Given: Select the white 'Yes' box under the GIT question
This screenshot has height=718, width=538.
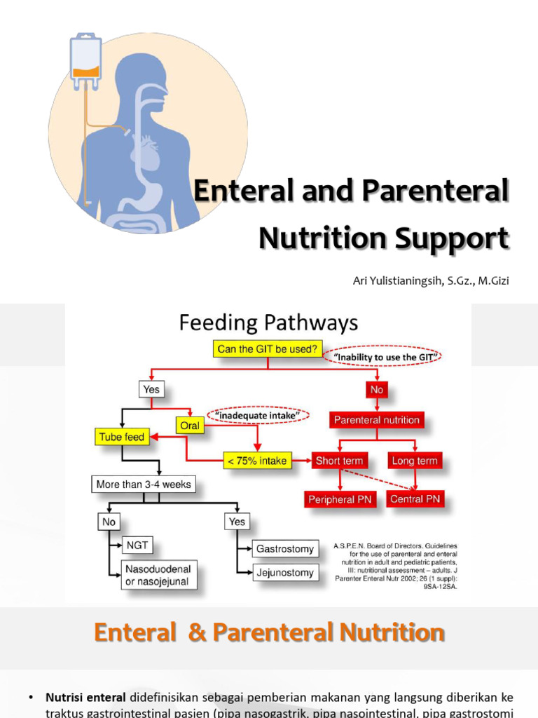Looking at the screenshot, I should pyautogui.click(x=151, y=390).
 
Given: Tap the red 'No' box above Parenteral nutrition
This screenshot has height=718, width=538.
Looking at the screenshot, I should pyautogui.click(x=377, y=389).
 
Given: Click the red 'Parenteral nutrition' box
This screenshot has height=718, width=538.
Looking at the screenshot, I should pyautogui.click(x=377, y=420).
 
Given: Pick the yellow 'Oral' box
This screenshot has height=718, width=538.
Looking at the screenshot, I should pyautogui.click(x=189, y=425).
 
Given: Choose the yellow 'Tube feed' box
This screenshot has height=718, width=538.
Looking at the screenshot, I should pyautogui.click(x=121, y=437).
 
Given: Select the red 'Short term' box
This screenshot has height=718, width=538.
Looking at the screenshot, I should pyautogui.click(x=339, y=461).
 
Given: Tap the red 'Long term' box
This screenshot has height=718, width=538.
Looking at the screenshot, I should pyautogui.click(x=414, y=461).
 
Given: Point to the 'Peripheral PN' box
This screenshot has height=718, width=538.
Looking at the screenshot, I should pyautogui.click(x=340, y=499).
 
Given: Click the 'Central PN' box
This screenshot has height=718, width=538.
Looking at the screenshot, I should pyautogui.click(x=415, y=499).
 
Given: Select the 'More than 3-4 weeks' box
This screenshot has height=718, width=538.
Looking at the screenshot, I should pyautogui.click(x=144, y=484).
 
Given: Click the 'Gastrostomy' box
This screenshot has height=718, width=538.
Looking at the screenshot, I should pyautogui.click(x=284, y=549).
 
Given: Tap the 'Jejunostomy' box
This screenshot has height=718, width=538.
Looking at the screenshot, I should pyautogui.click(x=284, y=573).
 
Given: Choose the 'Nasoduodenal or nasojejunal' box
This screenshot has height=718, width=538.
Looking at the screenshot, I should pyautogui.click(x=159, y=575).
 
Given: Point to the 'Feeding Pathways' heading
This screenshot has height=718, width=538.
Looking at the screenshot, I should pyautogui.click(x=268, y=323).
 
